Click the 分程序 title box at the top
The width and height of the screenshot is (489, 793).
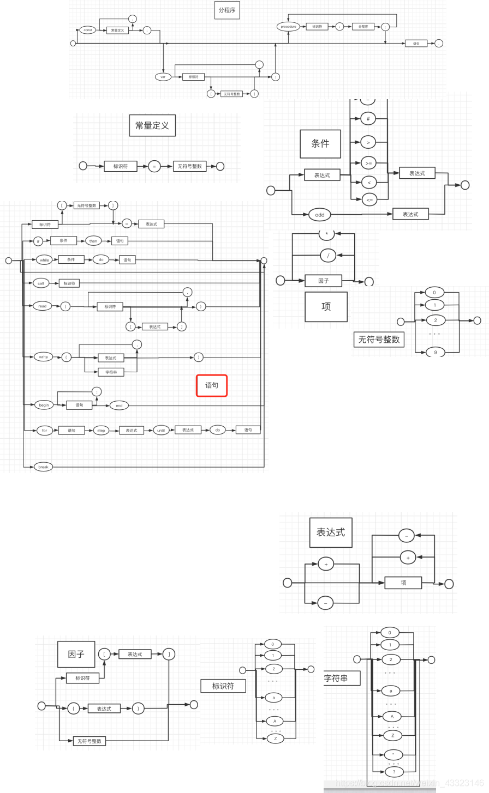point(227,10)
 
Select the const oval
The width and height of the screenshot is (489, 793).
point(88,30)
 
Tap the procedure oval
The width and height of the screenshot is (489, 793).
point(288,26)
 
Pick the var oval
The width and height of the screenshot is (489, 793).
point(163,77)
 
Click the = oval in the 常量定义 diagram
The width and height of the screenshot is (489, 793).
point(154,166)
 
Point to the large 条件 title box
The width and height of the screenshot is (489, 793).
point(320,144)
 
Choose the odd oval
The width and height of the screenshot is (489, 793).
point(320,215)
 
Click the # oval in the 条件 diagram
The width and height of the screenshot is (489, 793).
point(368,118)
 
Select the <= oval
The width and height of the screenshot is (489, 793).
point(369,200)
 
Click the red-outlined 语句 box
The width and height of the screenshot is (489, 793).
point(212,385)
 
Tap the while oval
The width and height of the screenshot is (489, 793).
point(44,260)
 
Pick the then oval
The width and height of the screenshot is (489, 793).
point(93,241)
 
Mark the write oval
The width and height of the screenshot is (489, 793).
point(43,357)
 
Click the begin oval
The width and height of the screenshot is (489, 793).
point(44,405)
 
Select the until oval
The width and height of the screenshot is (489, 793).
point(161,430)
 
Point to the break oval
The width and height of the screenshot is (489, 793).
point(43,467)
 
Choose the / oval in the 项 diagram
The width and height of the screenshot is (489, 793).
point(328,255)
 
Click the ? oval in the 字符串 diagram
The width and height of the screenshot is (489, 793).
point(394,772)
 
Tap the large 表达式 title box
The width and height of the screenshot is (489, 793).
point(331,532)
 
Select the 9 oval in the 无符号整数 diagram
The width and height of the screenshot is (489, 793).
point(436,352)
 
